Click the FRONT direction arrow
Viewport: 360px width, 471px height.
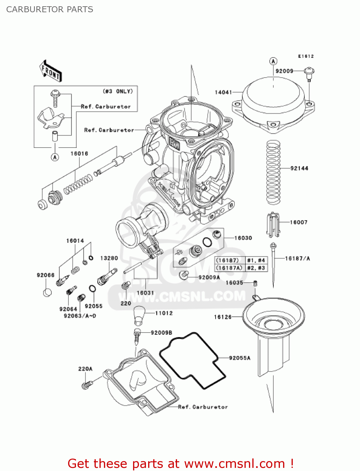pos(50,71)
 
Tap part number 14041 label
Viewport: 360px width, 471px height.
pos(223,92)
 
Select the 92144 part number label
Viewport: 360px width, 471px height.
pos(299,168)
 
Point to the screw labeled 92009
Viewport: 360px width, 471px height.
pos(309,73)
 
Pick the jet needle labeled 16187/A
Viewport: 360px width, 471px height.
pos(273,264)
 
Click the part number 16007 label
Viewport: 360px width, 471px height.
pos(298,222)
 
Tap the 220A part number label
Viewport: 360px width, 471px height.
pos(85,369)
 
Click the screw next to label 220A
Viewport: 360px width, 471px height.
pos(87,384)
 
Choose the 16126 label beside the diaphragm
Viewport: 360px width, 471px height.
pos(223,317)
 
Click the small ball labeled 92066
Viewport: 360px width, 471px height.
pos(47,293)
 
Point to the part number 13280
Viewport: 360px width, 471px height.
pos(109,258)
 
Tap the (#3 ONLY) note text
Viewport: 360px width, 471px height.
pos(118,91)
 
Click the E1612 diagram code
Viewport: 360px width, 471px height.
pos(306,56)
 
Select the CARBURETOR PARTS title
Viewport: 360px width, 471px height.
pos(50,9)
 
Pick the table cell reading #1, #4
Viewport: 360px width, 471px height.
pos(256,260)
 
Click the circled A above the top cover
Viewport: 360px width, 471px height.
pos(273,61)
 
